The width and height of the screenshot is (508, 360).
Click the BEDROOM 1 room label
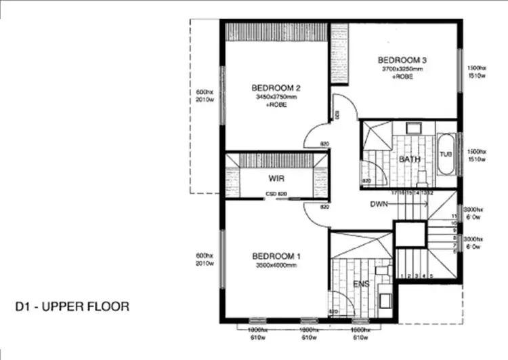(x=276, y=256)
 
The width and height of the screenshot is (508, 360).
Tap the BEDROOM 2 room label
(x=276, y=87)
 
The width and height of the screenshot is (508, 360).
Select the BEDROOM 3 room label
(x=402, y=60)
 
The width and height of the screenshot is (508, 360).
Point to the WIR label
(x=276, y=179)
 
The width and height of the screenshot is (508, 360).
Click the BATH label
(x=409, y=159)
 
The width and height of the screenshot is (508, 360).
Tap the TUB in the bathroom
(x=445, y=154)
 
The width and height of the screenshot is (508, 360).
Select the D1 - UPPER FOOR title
(x=72, y=306)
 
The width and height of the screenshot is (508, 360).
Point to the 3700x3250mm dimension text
(x=402, y=69)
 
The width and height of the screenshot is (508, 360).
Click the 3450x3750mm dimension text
(x=276, y=97)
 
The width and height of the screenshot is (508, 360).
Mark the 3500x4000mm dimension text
(x=276, y=265)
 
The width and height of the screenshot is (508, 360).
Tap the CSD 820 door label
(x=276, y=195)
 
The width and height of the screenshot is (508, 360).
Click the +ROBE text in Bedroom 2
(x=276, y=105)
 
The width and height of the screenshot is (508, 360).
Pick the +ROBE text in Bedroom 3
(x=402, y=77)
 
